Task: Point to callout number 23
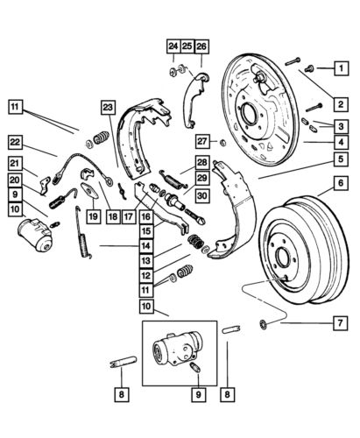click(x=109, y=109)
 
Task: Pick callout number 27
click(x=203, y=140)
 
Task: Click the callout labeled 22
click(x=16, y=142)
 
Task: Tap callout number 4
click(x=337, y=140)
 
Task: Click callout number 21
click(x=16, y=164)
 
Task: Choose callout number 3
click(x=337, y=126)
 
